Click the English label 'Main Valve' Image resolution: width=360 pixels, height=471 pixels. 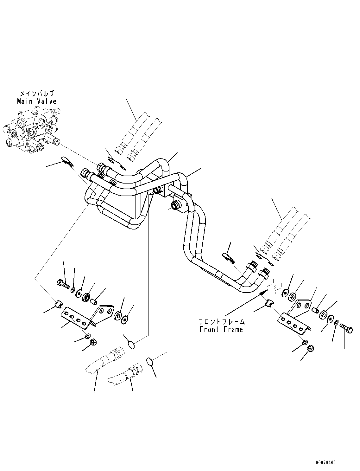(x=37, y=101)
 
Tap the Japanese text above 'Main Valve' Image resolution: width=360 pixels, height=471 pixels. (x=37, y=94)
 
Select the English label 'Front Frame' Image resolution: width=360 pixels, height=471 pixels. (x=221, y=329)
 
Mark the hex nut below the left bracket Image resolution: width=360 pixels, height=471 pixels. (x=93, y=342)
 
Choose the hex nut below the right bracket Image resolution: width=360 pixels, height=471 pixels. (x=311, y=348)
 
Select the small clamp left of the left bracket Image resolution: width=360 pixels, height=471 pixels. (x=59, y=304)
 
